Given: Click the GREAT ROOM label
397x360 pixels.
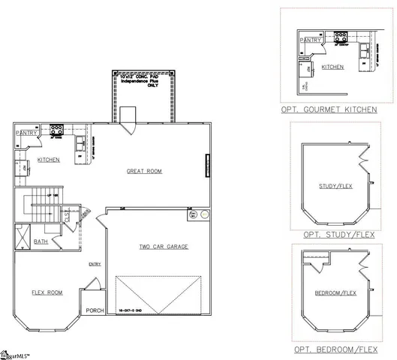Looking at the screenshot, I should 144,171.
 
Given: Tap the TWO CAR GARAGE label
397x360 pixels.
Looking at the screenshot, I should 163,246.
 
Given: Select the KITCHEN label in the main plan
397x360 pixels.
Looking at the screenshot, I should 49,160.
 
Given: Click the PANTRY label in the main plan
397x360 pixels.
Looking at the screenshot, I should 27,133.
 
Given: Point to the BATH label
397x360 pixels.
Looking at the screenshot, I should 41,241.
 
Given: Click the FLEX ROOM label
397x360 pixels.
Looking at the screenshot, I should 47,292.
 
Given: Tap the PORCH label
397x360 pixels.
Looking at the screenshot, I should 95,310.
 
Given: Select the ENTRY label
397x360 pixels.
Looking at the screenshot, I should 95,264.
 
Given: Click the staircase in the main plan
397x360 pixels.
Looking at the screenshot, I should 41,204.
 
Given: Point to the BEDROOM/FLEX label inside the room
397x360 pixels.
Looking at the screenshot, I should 335,292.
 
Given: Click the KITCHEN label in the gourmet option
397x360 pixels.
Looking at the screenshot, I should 332,67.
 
